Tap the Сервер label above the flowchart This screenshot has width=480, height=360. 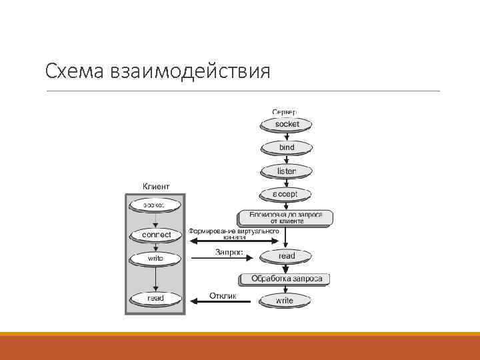[285, 111]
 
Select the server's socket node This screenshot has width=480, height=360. [287, 124]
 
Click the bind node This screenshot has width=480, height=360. [287, 147]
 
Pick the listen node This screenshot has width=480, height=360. [287, 171]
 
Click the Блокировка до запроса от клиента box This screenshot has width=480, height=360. [286, 217]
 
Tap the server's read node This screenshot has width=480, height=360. [287, 256]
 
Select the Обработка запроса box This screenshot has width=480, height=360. [287, 278]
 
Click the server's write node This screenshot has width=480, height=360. [285, 301]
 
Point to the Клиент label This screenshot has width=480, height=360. [156, 186]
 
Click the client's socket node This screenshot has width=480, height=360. [155, 205]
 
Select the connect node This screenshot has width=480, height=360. [156, 235]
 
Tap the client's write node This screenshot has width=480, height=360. [155, 257]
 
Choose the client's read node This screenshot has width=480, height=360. [155, 299]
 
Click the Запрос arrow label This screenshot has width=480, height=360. [229, 252]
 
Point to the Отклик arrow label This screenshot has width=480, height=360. [222, 295]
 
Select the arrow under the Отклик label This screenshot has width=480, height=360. [221, 301]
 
